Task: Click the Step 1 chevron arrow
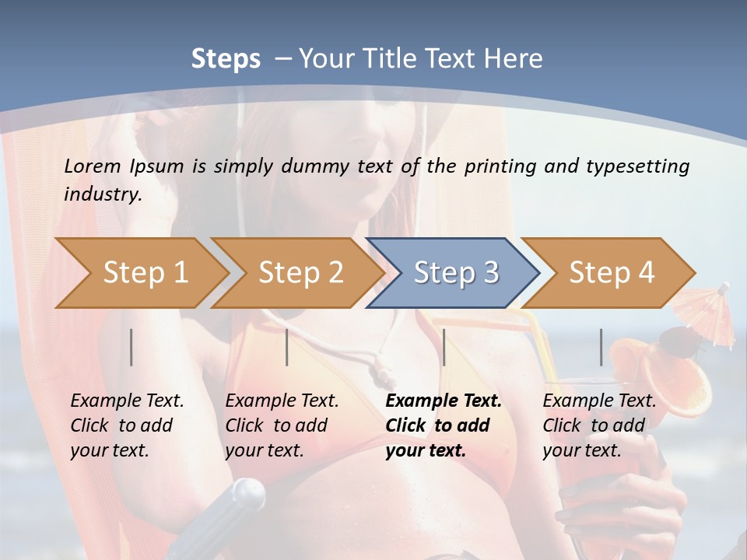pyautogui.click(x=144, y=273)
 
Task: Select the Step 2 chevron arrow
pyautogui.click(x=300, y=273)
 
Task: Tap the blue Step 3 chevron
pyautogui.click(x=455, y=273)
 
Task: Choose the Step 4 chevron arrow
pyautogui.click(x=611, y=273)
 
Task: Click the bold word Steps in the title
pyautogui.click(x=226, y=59)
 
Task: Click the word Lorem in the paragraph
pyautogui.click(x=93, y=166)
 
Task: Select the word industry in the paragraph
pyautogui.click(x=103, y=194)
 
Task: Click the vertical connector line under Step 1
pyautogui.click(x=132, y=347)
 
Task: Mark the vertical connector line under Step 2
pyautogui.click(x=287, y=347)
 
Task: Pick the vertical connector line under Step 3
pyautogui.click(x=444, y=347)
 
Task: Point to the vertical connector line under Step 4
pyautogui.click(x=601, y=347)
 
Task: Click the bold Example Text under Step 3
pyautogui.click(x=444, y=401)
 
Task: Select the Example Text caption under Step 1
pyautogui.click(x=127, y=401)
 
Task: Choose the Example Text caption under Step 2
pyautogui.click(x=282, y=401)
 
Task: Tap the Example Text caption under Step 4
pyautogui.click(x=599, y=401)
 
